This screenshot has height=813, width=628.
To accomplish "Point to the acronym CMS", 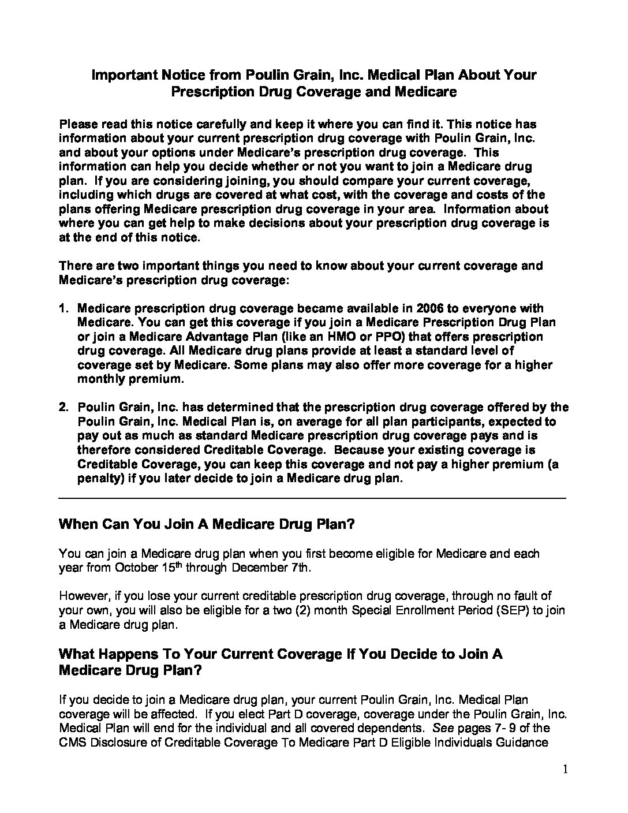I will pos(71,743).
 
